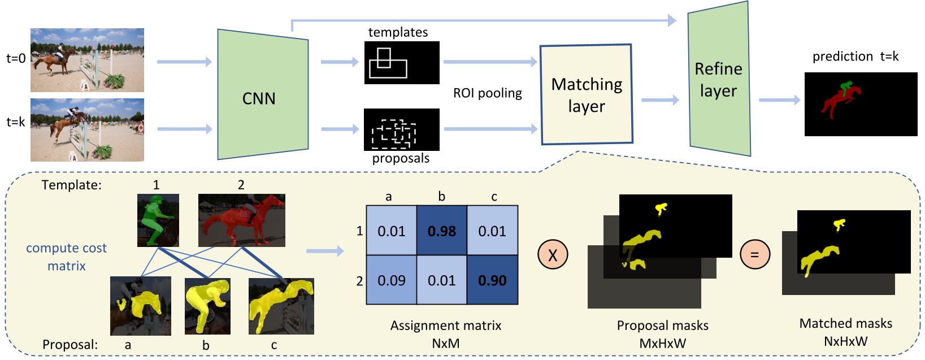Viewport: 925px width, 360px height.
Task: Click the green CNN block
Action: (263, 94)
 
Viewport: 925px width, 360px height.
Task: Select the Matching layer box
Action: (587, 94)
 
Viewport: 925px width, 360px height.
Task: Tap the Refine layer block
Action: (719, 79)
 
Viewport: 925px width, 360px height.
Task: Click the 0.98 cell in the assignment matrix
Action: (442, 231)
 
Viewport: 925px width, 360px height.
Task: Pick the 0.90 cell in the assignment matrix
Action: (492, 280)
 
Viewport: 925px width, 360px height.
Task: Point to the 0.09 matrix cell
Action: (392, 280)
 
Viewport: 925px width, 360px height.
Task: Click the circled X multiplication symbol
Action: (553, 254)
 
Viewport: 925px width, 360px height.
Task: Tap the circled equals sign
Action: (755, 254)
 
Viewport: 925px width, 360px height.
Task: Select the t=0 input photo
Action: (87, 60)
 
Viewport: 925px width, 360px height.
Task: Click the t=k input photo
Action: (87, 129)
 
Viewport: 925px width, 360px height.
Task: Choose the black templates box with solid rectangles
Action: (402, 63)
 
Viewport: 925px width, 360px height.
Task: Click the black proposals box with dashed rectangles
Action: (402, 129)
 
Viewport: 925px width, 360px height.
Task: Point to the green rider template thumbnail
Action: (158, 220)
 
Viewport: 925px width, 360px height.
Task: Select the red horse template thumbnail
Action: (242, 220)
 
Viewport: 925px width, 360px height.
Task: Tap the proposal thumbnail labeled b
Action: (207, 306)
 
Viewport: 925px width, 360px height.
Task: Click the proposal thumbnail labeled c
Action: (281, 306)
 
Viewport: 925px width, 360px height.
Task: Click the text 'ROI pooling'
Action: (488, 93)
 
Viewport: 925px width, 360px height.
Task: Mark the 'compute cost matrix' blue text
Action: (67, 257)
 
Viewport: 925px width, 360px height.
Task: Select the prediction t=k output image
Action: (861, 104)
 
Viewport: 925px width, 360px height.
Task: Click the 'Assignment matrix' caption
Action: (446, 326)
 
